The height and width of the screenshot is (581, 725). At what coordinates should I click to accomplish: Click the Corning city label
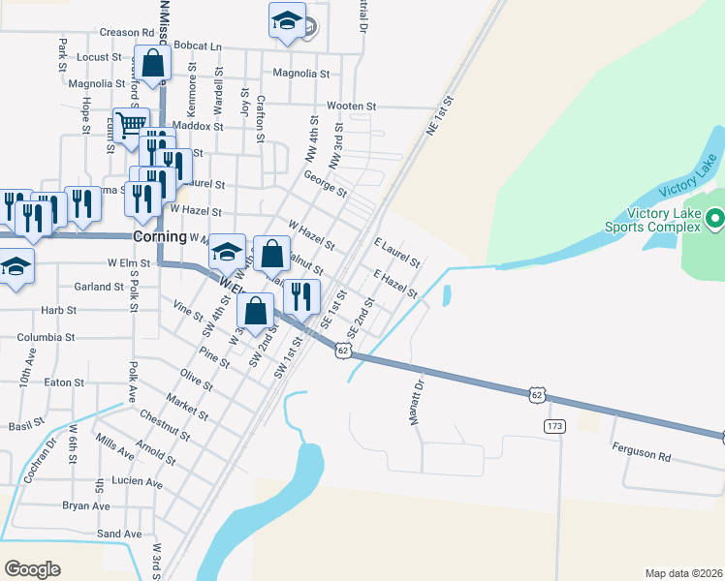pos(160,236)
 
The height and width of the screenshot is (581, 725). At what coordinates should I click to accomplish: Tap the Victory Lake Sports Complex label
pos(664,220)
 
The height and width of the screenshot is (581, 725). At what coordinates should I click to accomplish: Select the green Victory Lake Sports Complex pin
pos(714,220)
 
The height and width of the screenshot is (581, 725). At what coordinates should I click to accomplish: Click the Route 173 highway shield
pos(554,426)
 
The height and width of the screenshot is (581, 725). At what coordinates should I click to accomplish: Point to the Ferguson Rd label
pos(641,452)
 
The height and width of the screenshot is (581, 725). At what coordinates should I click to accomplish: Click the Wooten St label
pos(351,106)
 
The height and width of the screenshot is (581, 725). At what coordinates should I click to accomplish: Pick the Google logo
pos(32,568)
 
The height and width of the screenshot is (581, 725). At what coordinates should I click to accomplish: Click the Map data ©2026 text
pos(683,572)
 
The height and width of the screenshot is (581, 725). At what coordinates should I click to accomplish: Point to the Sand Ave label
pos(119,534)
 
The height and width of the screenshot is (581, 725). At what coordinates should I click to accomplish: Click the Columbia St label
pos(46,337)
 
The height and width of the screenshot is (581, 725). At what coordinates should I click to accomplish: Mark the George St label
pos(325,184)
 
